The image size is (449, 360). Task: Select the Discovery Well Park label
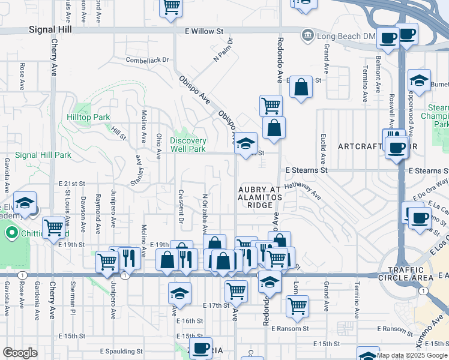pyautogui.click(x=188, y=145)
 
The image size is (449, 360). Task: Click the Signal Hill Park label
pyautogui.click(x=43, y=155)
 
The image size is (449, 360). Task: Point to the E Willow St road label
pyautogui.click(x=204, y=31)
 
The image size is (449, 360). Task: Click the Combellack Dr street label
pyautogui.click(x=148, y=60)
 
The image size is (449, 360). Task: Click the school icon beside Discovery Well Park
pyautogui.click(x=246, y=144)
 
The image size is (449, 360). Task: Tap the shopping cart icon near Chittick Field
pyautogui.click(x=54, y=227)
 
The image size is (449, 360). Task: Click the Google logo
pyautogui.click(x=20, y=353)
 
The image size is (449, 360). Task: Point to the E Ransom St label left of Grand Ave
pyautogui.click(x=290, y=329)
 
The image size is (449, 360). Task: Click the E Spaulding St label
pyautogui.click(x=121, y=351)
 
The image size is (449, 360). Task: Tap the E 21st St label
pyautogui.click(x=73, y=183)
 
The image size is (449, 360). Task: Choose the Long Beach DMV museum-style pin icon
pyautogui.click(x=308, y=35)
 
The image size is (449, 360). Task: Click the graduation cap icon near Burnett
pyautogui.click(x=419, y=80)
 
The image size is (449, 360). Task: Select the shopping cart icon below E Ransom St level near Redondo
pyautogui.click(x=297, y=306)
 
